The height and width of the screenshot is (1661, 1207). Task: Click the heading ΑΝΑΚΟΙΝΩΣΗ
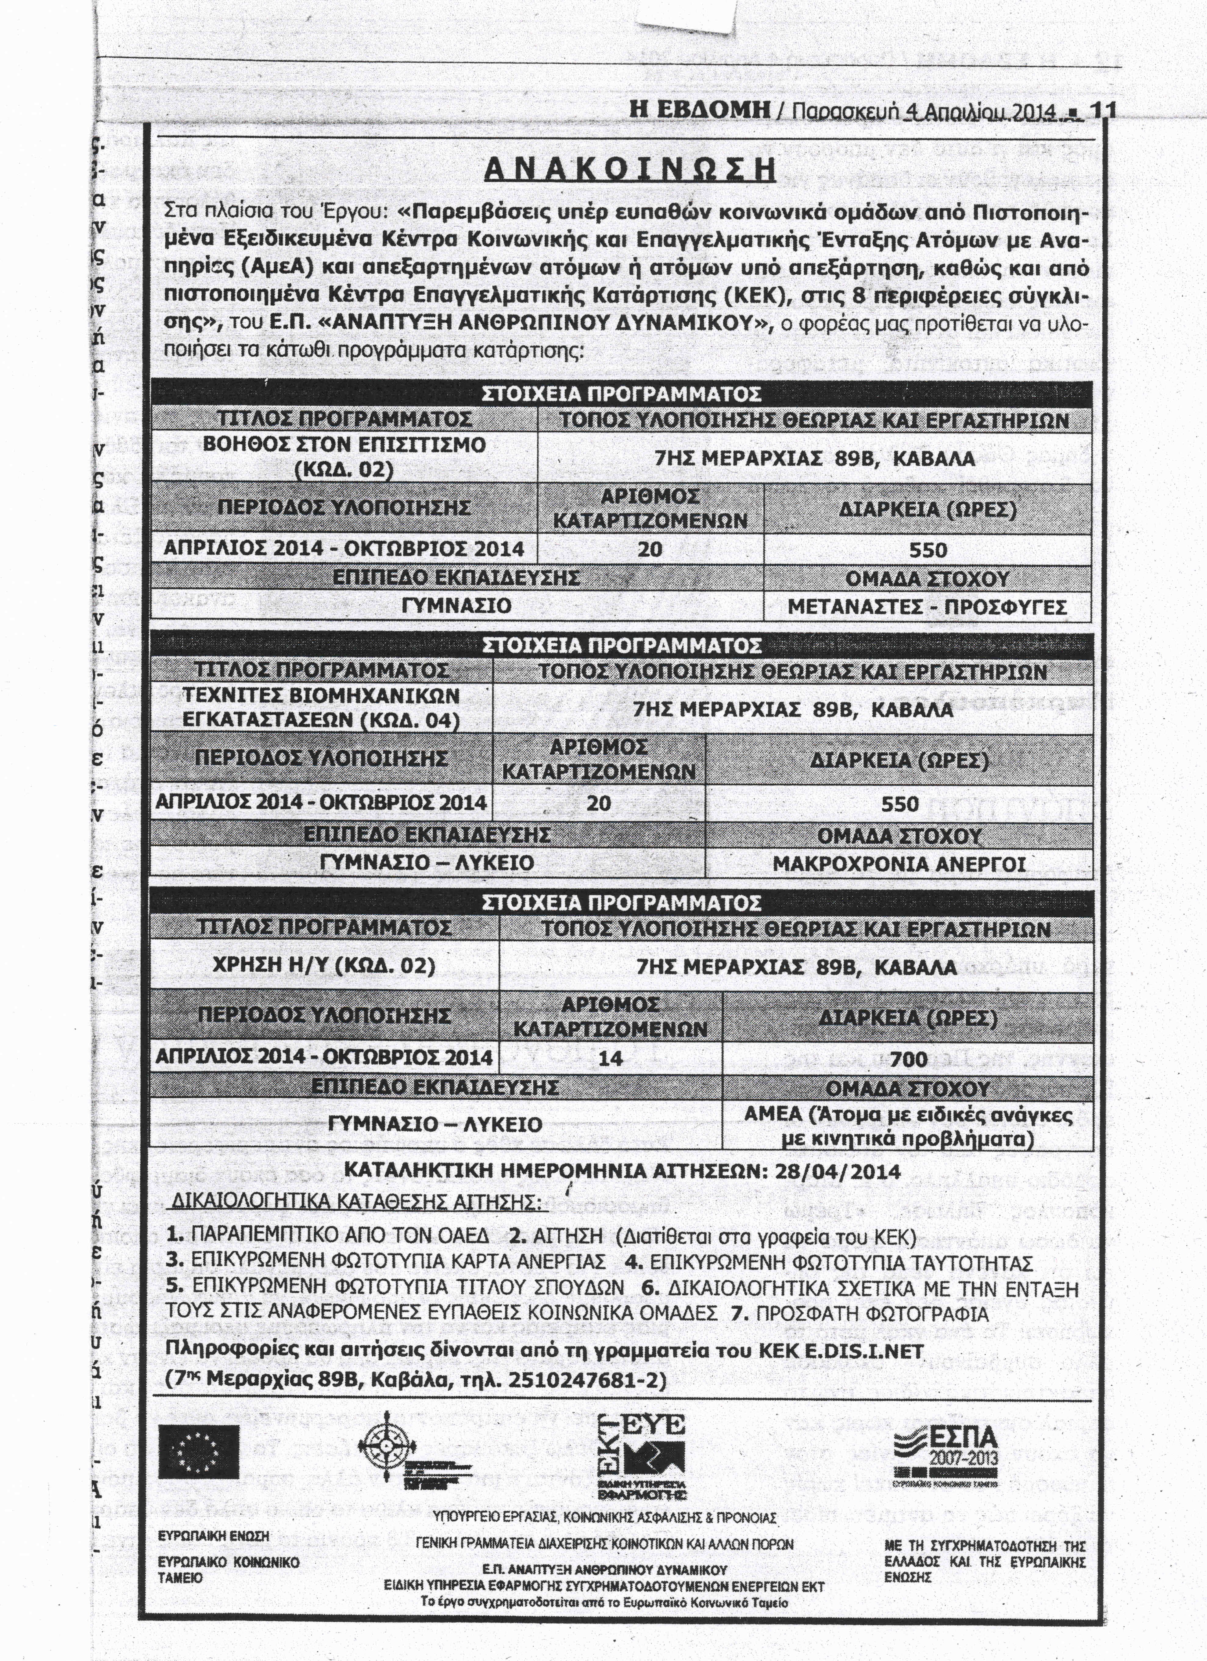[x=629, y=169]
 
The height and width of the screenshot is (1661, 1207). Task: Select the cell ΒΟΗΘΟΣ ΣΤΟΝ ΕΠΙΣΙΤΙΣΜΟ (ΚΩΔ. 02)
[x=344, y=456]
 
